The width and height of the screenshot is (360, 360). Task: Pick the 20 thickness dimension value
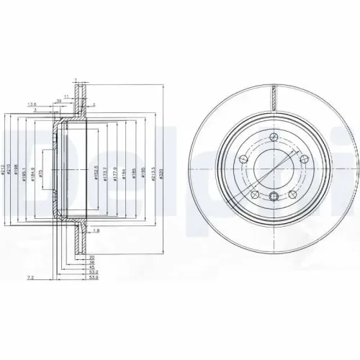pos(91,257)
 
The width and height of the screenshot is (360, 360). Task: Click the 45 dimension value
pos(92,266)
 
